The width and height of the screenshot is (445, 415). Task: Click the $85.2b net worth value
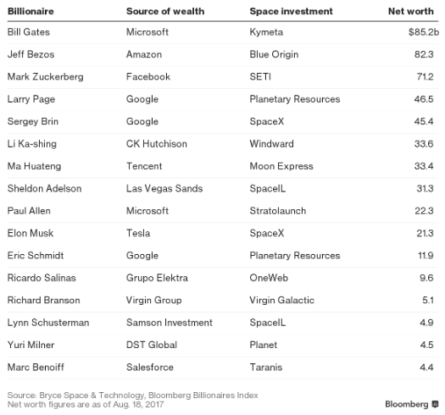pos(422,32)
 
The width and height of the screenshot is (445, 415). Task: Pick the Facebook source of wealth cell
pos(147,77)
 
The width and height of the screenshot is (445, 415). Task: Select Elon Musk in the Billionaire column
pos(29,233)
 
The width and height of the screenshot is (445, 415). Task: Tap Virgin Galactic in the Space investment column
pos(281,300)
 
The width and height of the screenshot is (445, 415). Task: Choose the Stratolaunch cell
pos(277,211)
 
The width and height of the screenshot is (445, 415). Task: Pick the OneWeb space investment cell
pos(270,278)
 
